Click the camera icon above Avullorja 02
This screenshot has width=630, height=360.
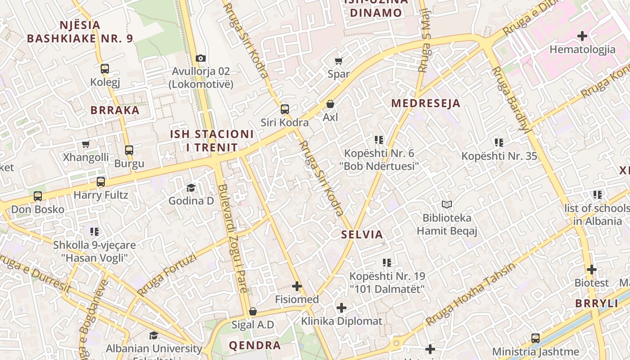click(x=201, y=58)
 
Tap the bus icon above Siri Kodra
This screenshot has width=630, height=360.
click(x=284, y=109)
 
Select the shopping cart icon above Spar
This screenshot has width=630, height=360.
click(x=338, y=61)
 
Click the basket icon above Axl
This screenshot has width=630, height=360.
click(x=330, y=104)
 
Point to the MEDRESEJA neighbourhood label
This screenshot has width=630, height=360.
click(x=426, y=103)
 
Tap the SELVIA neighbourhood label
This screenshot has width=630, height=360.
click(x=362, y=234)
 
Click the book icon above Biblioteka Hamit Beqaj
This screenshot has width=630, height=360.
click(x=446, y=205)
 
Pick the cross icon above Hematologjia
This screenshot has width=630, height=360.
click(x=582, y=36)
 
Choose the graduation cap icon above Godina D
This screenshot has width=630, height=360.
click(x=191, y=188)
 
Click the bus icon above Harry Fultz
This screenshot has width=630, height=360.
click(x=101, y=182)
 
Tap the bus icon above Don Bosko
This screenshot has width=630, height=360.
click(x=38, y=196)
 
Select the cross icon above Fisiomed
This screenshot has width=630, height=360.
click(x=297, y=286)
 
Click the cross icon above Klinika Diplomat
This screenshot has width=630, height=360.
click(x=342, y=308)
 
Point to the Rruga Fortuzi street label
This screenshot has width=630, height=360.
click(x=167, y=274)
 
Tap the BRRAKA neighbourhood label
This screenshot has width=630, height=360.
click(x=115, y=110)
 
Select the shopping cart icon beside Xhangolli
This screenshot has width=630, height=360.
click(x=85, y=144)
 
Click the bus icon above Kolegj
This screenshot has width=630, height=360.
click(x=105, y=69)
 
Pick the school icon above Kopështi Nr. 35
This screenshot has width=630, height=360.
click(x=499, y=143)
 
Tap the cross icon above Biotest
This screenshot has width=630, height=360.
click(x=591, y=270)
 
